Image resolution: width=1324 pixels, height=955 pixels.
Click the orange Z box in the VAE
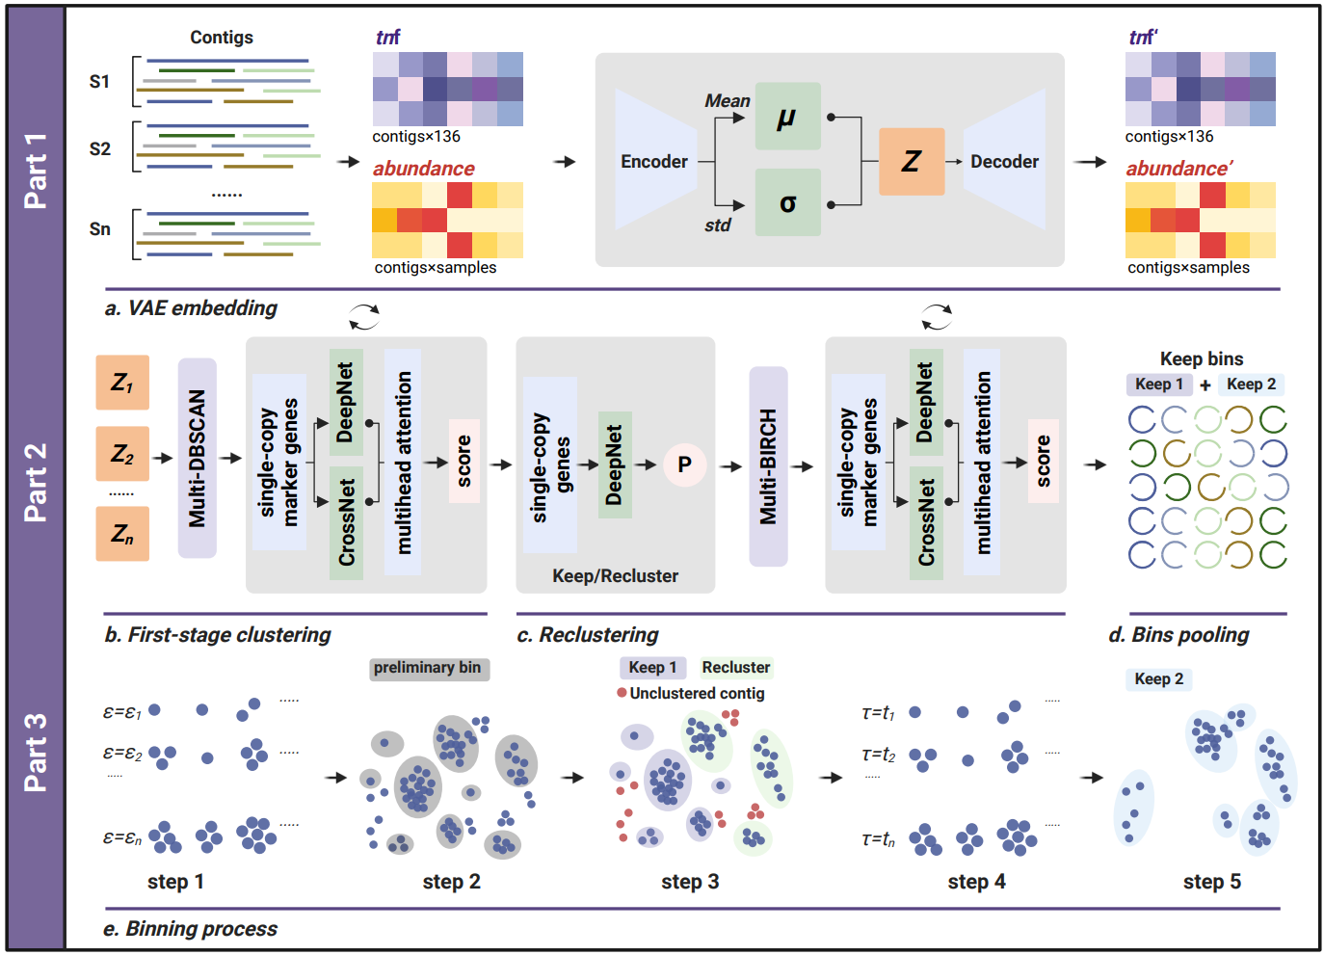click(x=912, y=162)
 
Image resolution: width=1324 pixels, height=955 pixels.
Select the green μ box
click(x=787, y=117)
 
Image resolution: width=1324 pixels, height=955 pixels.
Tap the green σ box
click(x=787, y=203)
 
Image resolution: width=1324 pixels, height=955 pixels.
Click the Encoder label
click(x=654, y=162)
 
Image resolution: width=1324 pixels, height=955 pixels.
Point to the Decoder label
click(x=1004, y=162)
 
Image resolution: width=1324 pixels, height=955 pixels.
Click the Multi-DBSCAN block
click(x=198, y=459)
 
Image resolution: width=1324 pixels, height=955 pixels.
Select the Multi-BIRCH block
click(x=768, y=466)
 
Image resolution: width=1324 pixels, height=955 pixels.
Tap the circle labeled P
click(x=684, y=464)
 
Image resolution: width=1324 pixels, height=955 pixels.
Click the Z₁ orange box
click(x=122, y=383)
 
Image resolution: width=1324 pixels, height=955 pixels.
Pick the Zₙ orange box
click(x=122, y=534)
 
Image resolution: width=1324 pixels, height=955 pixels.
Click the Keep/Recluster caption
click(x=615, y=576)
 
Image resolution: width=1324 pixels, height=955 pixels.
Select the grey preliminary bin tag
click(x=428, y=668)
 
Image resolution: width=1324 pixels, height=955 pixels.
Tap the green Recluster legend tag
click(x=735, y=667)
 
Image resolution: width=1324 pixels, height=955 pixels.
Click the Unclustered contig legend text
click(x=697, y=693)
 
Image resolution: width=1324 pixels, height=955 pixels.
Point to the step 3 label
click(x=690, y=882)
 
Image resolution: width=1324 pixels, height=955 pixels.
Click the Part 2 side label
click(x=36, y=482)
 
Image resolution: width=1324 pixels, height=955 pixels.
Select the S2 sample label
click(x=100, y=149)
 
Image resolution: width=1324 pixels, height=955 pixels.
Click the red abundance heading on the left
click(x=424, y=169)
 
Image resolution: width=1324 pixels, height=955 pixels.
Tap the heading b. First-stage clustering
click(x=218, y=635)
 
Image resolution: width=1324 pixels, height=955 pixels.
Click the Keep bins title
click(x=1202, y=358)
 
